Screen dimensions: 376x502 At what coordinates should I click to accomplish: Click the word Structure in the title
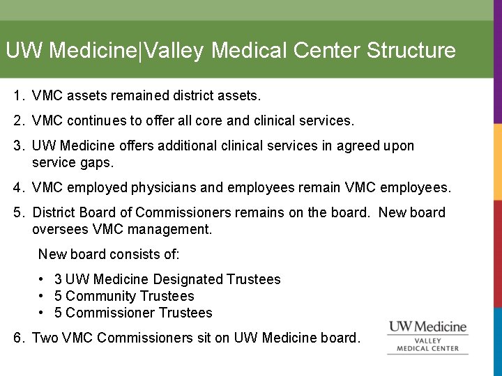click(x=411, y=51)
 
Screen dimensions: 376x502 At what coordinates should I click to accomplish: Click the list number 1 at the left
click(x=18, y=94)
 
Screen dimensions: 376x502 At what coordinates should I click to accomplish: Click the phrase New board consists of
click(x=108, y=254)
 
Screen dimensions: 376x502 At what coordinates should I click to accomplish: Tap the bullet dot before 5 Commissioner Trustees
click(x=43, y=313)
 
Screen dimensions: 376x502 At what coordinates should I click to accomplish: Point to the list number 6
click(x=18, y=338)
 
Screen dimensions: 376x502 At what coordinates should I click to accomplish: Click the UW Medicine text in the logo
click(x=427, y=326)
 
